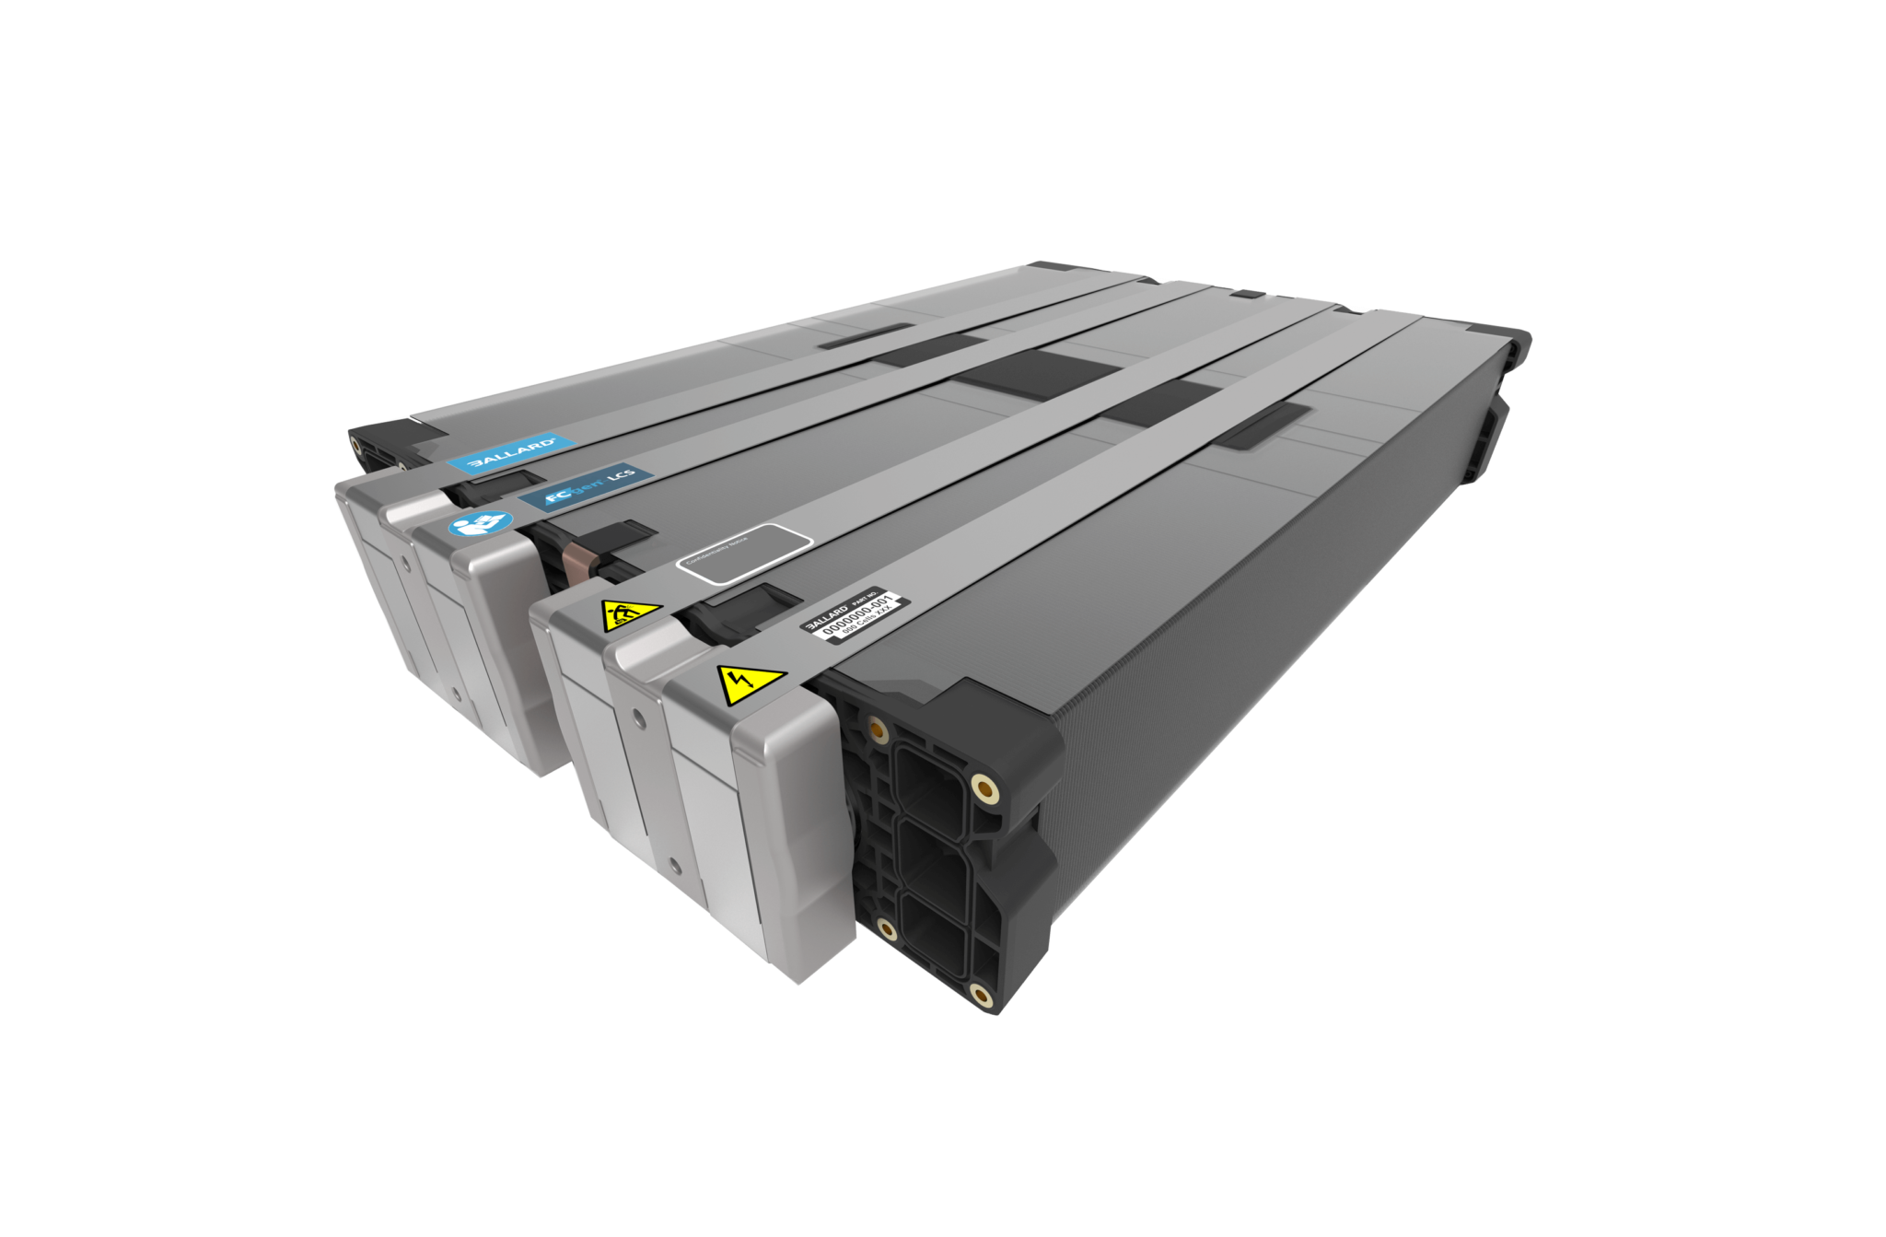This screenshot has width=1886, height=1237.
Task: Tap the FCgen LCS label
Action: coord(586,488)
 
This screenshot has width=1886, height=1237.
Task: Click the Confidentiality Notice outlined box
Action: coord(744,554)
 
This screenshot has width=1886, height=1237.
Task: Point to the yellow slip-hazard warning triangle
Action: coord(631,613)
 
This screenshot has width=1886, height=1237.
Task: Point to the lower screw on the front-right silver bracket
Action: coord(677,863)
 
